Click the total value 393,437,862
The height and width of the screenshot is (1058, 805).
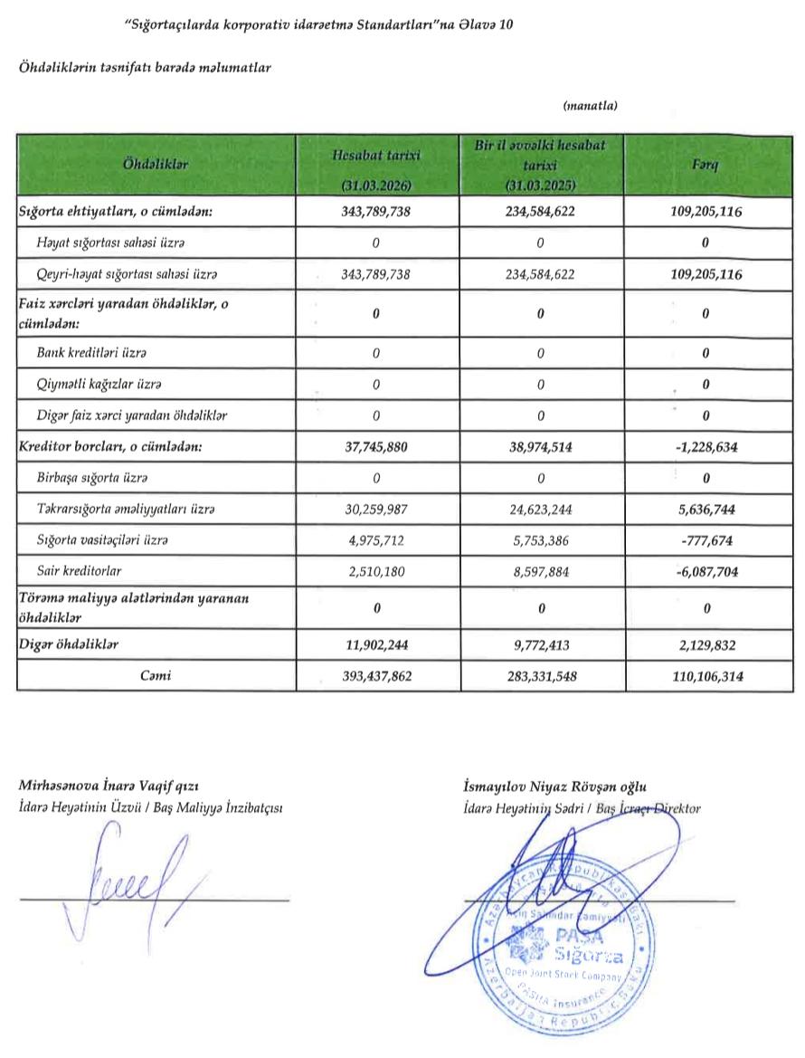click(x=375, y=675)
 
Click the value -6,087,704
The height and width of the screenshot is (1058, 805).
click(x=705, y=571)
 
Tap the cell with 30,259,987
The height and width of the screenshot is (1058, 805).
click(x=375, y=510)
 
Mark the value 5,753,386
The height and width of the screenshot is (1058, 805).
click(x=540, y=540)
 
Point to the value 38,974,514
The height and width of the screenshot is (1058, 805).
click(x=540, y=447)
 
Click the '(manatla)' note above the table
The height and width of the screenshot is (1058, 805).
click(x=590, y=106)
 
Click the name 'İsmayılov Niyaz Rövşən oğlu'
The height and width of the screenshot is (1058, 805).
click(x=554, y=786)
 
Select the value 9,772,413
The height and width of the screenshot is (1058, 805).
click(x=540, y=644)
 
